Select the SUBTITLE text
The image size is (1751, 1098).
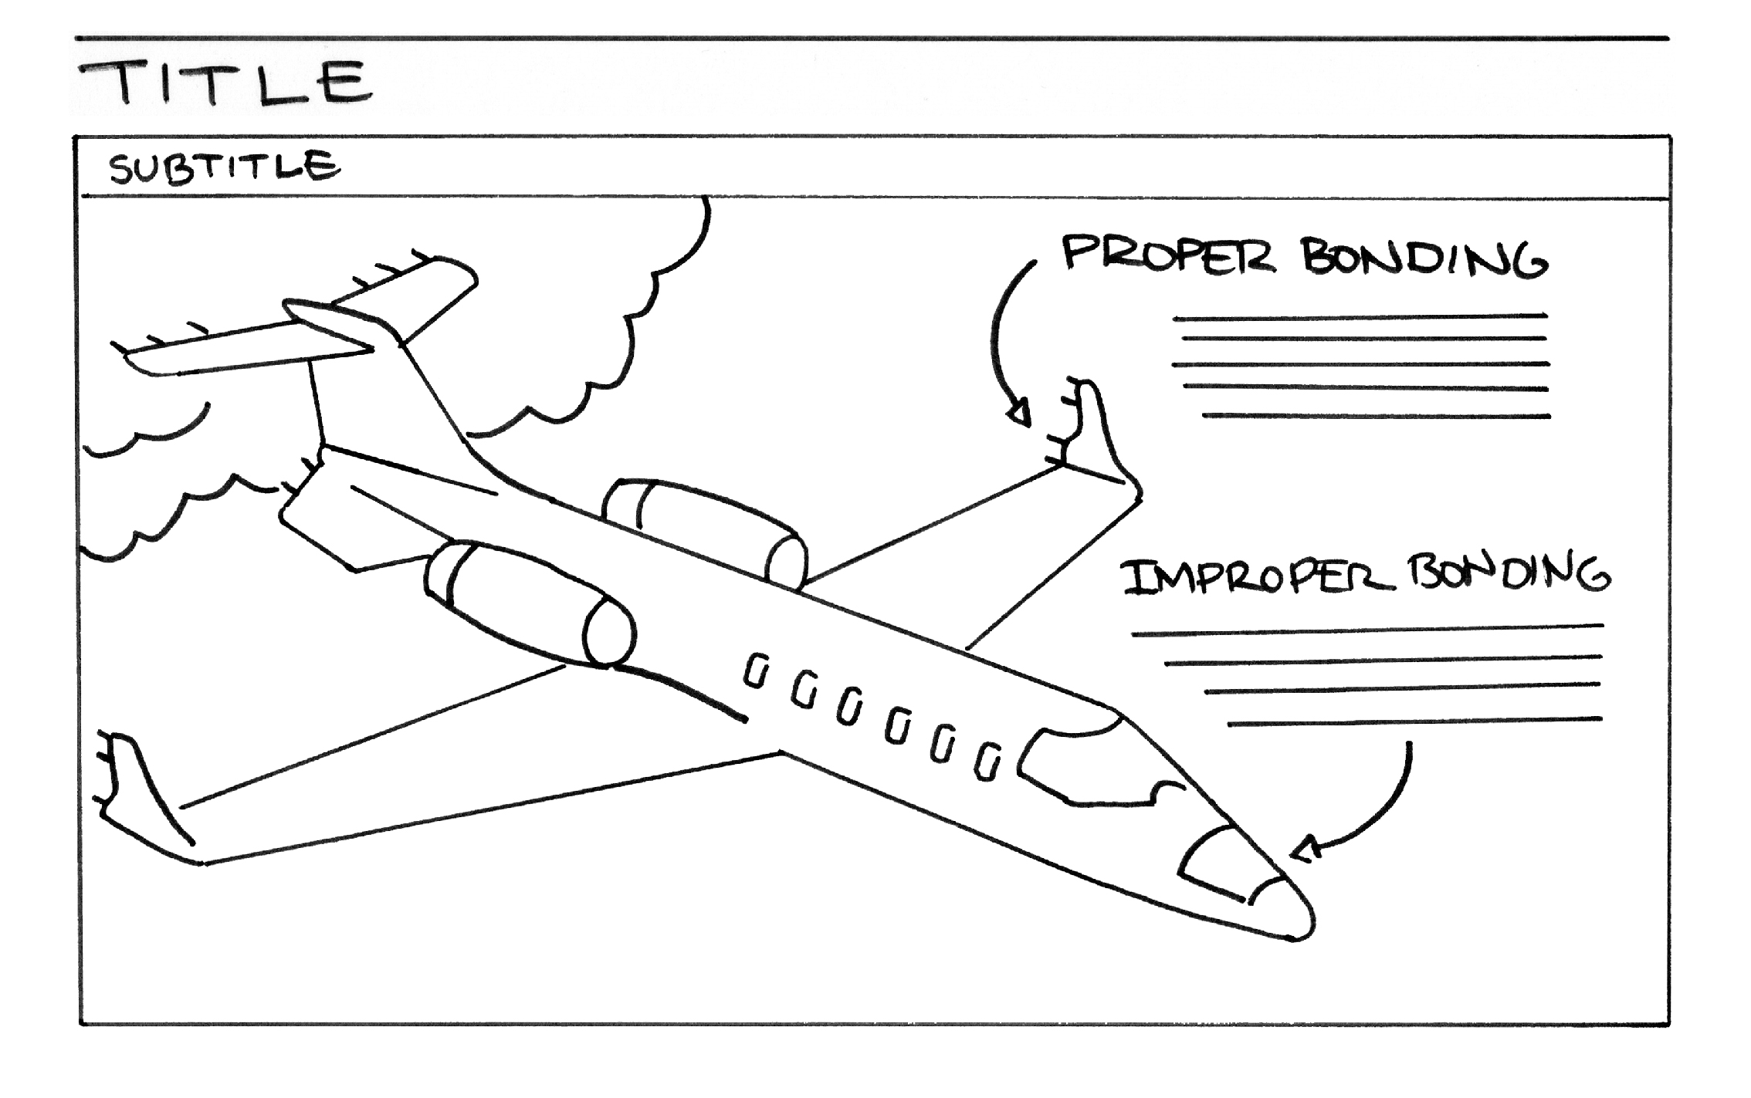(x=224, y=167)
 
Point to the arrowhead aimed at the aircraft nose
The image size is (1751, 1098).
(x=1306, y=850)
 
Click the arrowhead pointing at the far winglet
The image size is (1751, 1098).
(x=1021, y=414)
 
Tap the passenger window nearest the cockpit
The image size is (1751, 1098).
(x=987, y=762)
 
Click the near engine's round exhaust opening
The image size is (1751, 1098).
(x=609, y=633)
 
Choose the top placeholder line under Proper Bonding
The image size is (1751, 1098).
(x=1360, y=316)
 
